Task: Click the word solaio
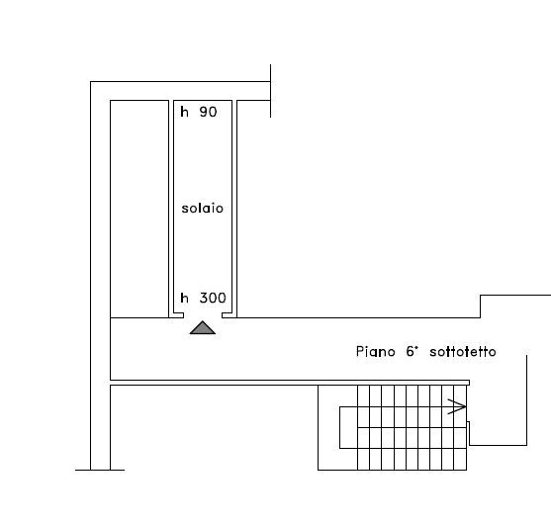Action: tap(202, 209)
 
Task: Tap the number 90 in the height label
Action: tap(208, 112)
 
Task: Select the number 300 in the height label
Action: tap(213, 298)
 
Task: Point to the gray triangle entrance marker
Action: tap(203, 327)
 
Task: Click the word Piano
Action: tap(375, 352)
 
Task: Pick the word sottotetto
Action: tap(463, 352)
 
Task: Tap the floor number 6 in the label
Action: tap(411, 352)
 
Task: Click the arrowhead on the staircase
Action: tap(456, 406)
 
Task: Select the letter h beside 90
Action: tap(184, 112)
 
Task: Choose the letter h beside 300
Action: tap(184, 298)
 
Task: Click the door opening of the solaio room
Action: tap(203, 315)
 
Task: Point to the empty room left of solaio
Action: tap(139, 209)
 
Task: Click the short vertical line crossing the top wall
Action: tap(270, 91)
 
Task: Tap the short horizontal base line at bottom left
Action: tap(100, 470)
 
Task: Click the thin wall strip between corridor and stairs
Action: tap(290, 383)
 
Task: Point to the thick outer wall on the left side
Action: tap(100, 276)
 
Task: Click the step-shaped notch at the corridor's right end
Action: tap(480, 306)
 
